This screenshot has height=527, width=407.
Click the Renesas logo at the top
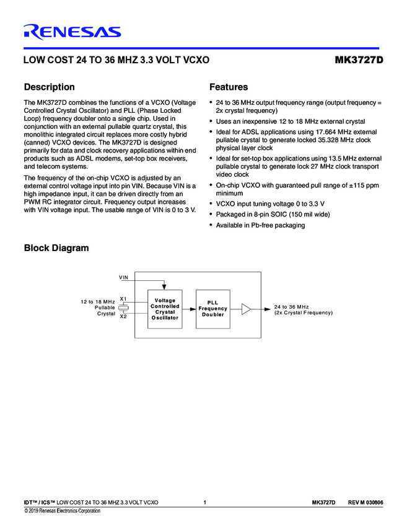[72, 32]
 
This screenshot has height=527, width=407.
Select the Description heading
[49, 87]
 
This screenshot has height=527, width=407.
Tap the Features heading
[229, 87]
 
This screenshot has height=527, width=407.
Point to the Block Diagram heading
[56, 249]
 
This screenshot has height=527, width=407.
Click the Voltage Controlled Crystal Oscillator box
[165, 309]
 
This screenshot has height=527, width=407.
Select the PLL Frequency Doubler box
[212, 309]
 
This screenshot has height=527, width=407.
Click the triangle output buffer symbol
[247, 309]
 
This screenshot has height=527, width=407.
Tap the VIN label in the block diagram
[124, 277]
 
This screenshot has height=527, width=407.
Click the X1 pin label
[123, 298]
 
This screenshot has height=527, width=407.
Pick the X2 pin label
[123, 316]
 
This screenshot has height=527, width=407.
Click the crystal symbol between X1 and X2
[124, 308]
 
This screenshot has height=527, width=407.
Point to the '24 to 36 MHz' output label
[291, 306]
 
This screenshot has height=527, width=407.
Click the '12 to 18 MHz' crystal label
[98, 301]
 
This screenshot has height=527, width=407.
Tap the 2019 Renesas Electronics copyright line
[62, 511]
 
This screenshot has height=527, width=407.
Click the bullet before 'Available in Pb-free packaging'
[211, 226]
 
